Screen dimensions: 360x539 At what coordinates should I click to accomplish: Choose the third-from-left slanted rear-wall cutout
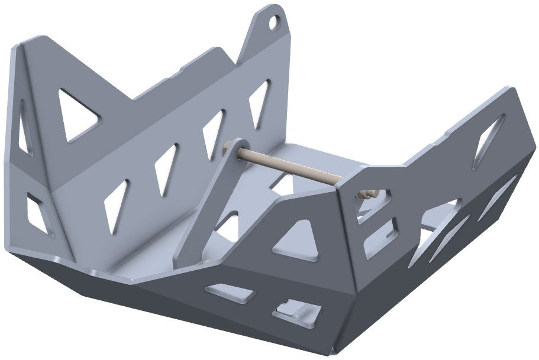(x=212, y=134)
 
